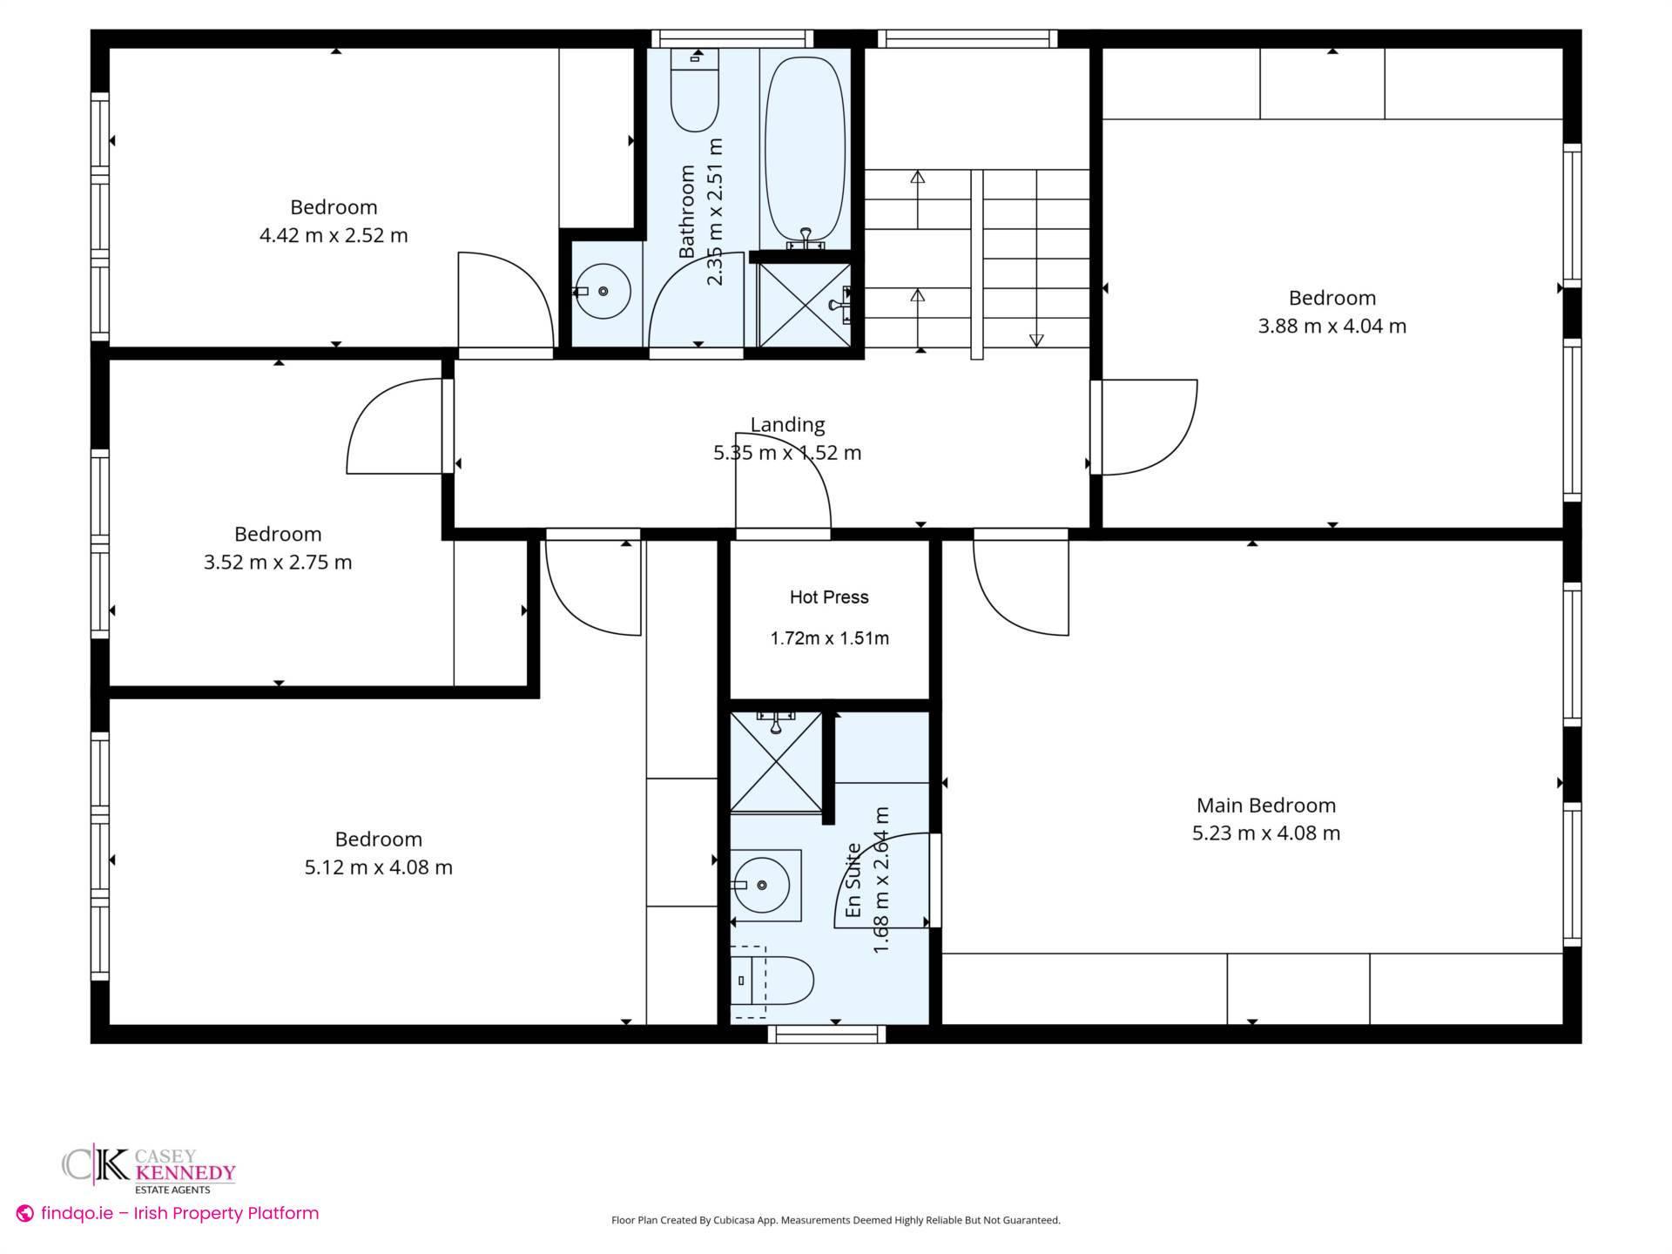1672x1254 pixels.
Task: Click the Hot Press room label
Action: pyautogui.click(x=828, y=597)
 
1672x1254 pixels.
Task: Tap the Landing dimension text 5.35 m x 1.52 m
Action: pyautogui.click(x=786, y=453)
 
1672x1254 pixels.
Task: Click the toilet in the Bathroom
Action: pyautogui.click(x=694, y=91)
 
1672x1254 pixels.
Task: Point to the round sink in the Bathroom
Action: pyautogui.click(x=603, y=292)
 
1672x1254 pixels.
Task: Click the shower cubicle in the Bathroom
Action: pyautogui.click(x=803, y=304)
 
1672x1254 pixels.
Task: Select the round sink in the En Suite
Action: pyautogui.click(x=761, y=885)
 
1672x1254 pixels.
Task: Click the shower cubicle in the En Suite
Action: pyautogui.click(x=775, y=762)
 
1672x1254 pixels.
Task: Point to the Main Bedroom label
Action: pyautogui.click(x=1265, y=806)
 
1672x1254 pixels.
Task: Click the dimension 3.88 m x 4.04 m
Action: pyautogui.click(x=1332, y=327)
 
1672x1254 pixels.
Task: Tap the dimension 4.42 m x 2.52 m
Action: pyautogui.click(x=334, y=236)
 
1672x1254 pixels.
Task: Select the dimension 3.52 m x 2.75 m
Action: pyautogui.click(x=278, y=563)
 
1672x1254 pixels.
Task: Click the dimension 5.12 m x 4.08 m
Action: pyautogui.click(x=378, y=867)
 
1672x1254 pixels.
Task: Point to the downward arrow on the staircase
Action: pyautogui.click(x=1036, y=339)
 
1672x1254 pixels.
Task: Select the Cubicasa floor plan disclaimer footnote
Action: pyautogui.click(x=835, y=1220)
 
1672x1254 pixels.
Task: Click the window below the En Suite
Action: pyautogui.click(x=826, y=1034)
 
